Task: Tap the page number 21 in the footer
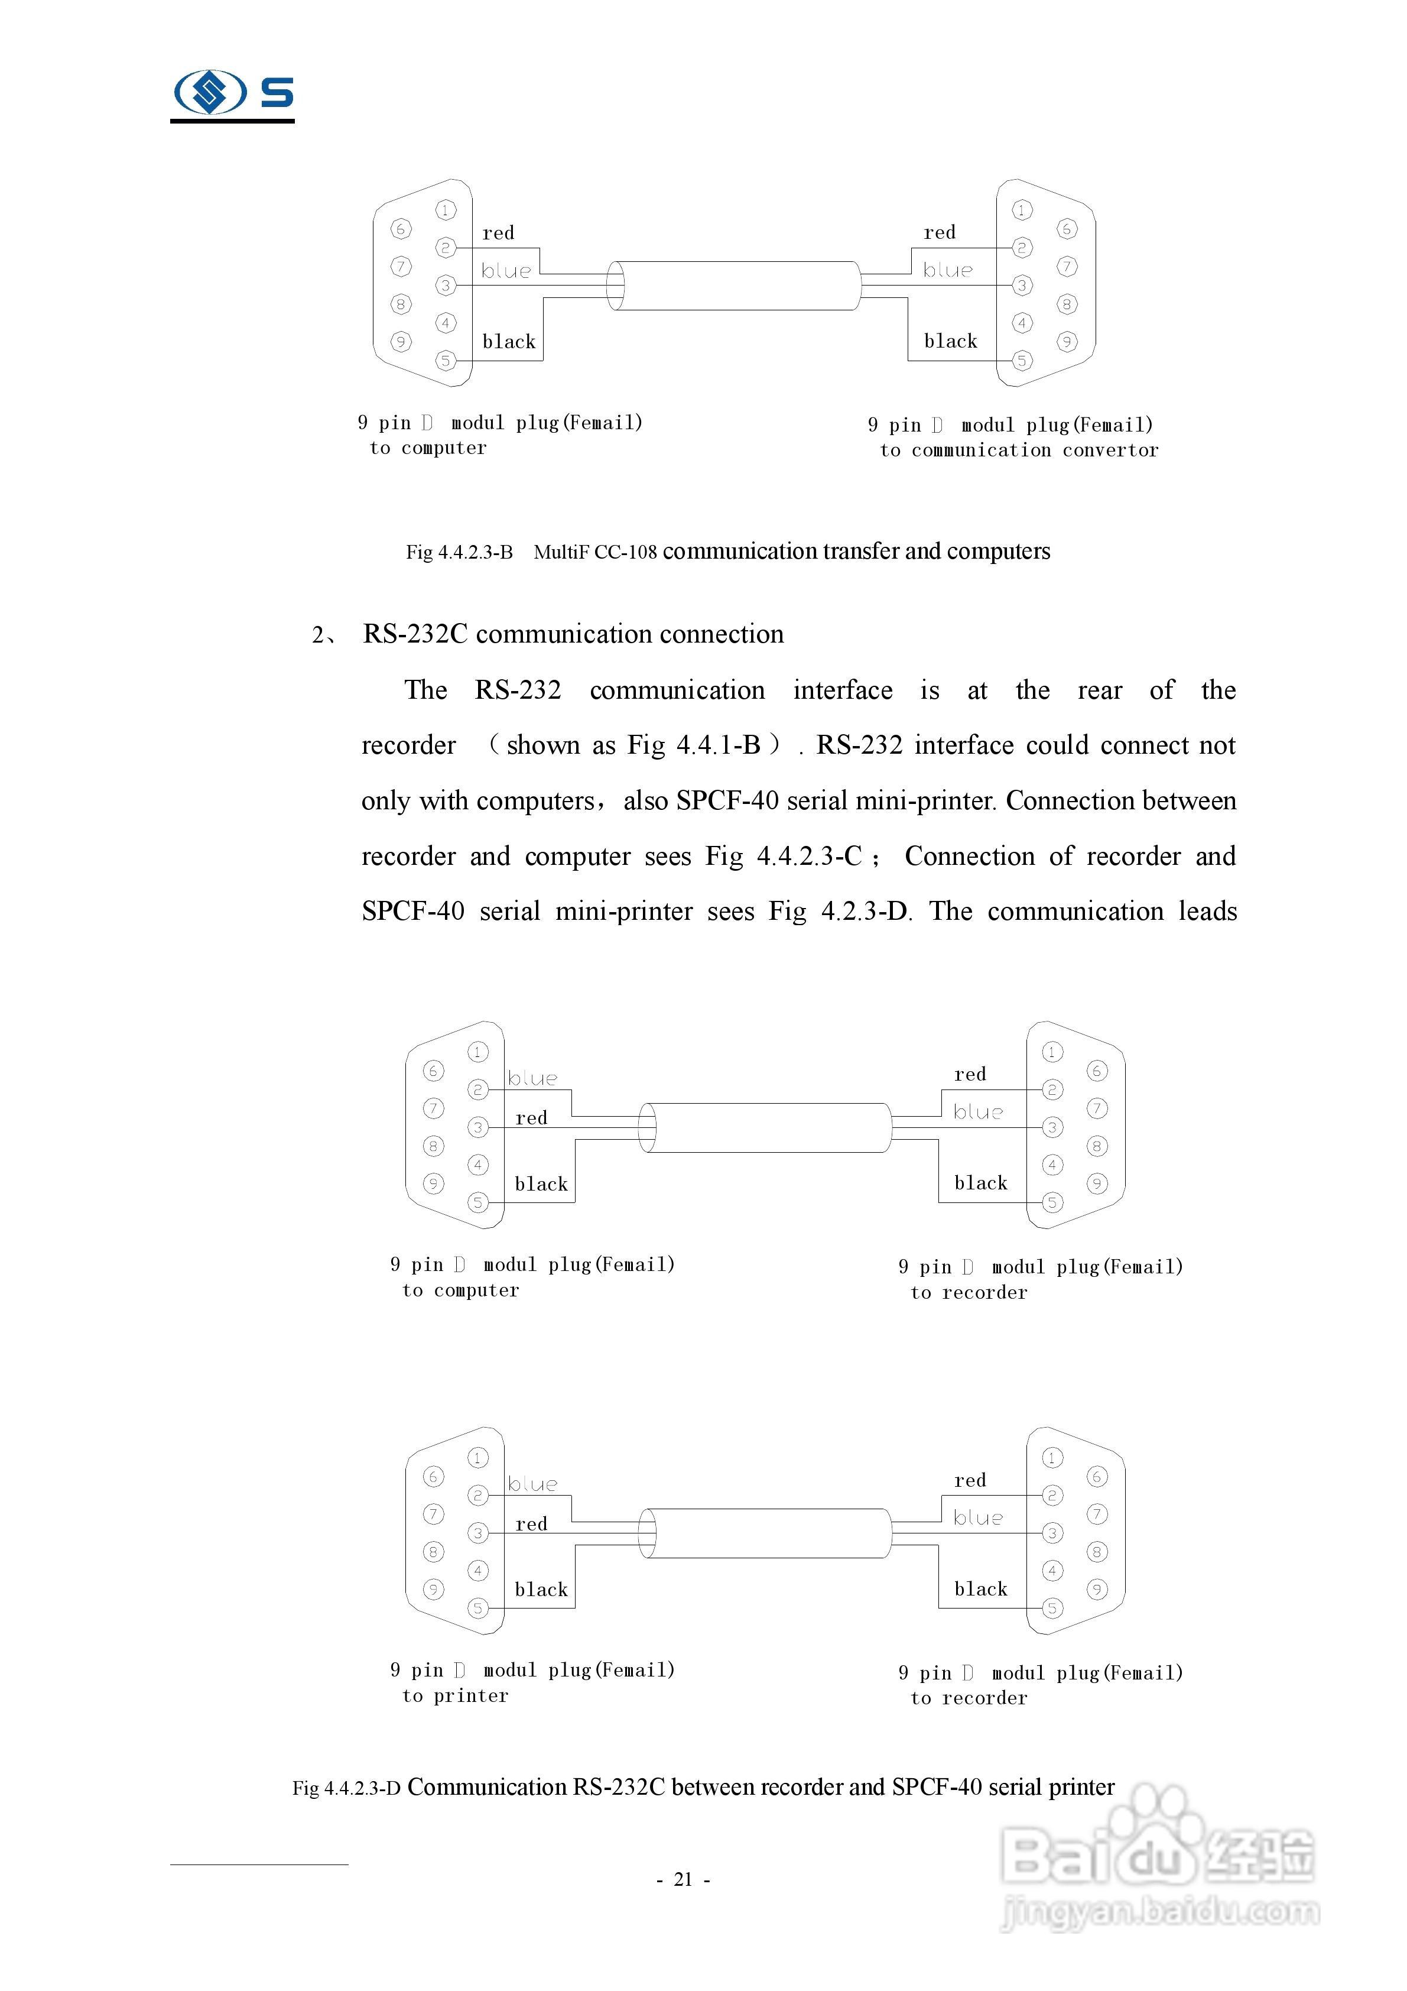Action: pos(683,1879)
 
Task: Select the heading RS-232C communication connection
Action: pos(573,634)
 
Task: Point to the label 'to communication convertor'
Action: pos(1019,450)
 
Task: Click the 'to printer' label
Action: pos(455,1695)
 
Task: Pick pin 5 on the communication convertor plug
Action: pos(1022,360)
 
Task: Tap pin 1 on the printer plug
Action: pos(477,1458)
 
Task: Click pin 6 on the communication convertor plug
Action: pos(1067,229)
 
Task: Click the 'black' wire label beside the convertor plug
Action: pos(950,341)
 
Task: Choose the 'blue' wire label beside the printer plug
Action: pos(532,1484)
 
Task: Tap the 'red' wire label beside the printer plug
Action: pos(531,1523)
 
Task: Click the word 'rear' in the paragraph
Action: pos(1099,690)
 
